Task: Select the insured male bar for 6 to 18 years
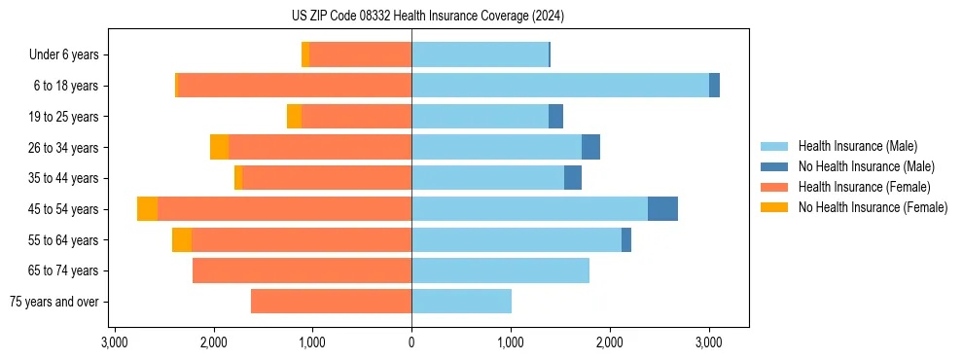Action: point(560,86)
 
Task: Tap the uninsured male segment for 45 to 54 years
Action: point(662,209)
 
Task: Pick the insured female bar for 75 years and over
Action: point(331,302)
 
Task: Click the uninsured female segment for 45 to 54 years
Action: point(147,209)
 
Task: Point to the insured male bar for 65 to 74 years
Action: point(500,270)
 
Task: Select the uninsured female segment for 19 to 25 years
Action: point(294,117)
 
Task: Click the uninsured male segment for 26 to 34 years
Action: point(590,147)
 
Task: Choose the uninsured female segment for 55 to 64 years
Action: point(182,239)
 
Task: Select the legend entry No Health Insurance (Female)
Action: point(873,207)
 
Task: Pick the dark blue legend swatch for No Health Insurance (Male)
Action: point(775,166)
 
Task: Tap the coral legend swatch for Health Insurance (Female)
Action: point(775,187)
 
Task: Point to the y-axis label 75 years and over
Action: point(53,302)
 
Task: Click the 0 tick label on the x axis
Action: point(411,343)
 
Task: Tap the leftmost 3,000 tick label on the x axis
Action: point(115,343)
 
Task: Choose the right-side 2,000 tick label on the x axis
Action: point(610,343)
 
